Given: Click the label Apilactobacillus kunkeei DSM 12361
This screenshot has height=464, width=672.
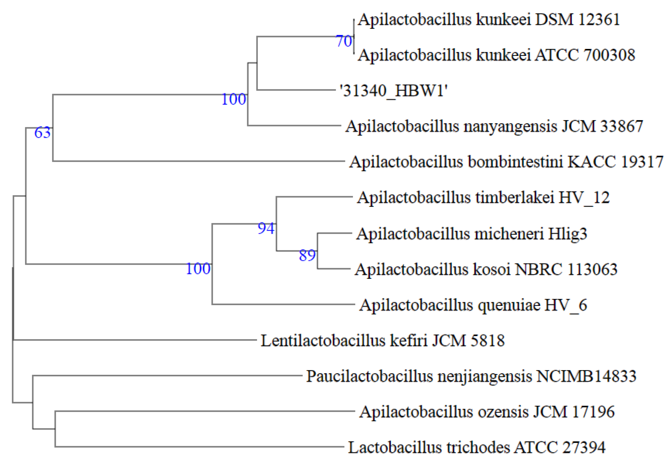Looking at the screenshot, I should (x=489, y=20).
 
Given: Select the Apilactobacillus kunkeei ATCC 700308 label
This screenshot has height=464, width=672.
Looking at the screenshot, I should (x=496, y=55).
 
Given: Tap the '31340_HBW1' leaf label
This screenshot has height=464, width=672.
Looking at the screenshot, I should (x=393, y=91).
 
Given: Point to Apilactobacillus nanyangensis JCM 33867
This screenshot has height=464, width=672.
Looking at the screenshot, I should (x=494, y=126).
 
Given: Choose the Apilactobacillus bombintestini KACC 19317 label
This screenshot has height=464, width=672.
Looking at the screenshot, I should (x=506, y=162).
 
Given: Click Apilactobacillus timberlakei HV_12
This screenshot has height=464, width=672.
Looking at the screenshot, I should (x=483, y=198).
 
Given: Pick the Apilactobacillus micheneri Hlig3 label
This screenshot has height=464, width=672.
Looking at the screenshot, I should (x=472, y=234).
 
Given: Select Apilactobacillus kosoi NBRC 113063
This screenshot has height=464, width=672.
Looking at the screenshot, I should (x=486, y=269).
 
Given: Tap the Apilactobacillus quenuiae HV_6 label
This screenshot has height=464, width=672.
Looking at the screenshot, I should (x=473, y=305).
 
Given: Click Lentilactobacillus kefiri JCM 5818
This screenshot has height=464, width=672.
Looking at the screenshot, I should (x=383, y=341).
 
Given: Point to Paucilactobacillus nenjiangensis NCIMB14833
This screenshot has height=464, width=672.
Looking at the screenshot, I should (x=471, y=377).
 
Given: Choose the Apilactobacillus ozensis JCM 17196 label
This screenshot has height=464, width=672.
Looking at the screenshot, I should (x=487, y=412).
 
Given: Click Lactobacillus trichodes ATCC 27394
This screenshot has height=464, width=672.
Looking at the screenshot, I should (x=477, y=448).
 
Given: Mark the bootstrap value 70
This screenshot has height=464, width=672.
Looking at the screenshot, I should (x=344, y=41).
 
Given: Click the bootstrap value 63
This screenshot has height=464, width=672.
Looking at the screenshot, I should (x=42, y=133).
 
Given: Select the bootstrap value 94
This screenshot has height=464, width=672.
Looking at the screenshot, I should (x=266, y=229).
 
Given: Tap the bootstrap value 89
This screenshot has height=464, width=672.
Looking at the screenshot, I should (x=307, y=256).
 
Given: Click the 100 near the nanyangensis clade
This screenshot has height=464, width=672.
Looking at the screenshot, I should (x=234, y=99).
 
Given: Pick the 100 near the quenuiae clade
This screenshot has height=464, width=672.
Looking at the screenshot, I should (x=198, y=269).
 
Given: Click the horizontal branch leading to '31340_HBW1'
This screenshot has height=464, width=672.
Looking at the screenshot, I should (x=296, y=90).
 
